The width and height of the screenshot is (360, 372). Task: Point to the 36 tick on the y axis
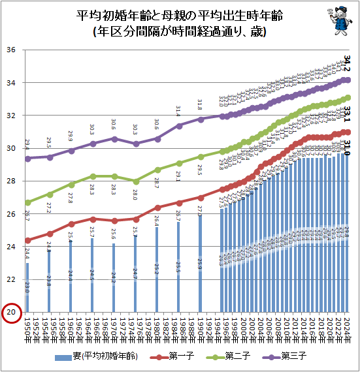[x=11, y=50]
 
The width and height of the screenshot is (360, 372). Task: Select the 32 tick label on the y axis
[x=11, y=116]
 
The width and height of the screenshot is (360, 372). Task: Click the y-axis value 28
[x=11, y=181]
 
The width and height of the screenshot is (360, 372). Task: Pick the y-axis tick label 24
[x=11, y=247]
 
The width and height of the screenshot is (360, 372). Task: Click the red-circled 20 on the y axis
[x=11, y=313]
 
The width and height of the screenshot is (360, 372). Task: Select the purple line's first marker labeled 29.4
[x=27, y=159]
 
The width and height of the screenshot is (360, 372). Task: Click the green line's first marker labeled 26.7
[x=27, y=202]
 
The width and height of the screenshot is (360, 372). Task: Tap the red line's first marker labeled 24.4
[x=27, y=240]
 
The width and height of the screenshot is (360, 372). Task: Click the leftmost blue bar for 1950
[x=27, y=287]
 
